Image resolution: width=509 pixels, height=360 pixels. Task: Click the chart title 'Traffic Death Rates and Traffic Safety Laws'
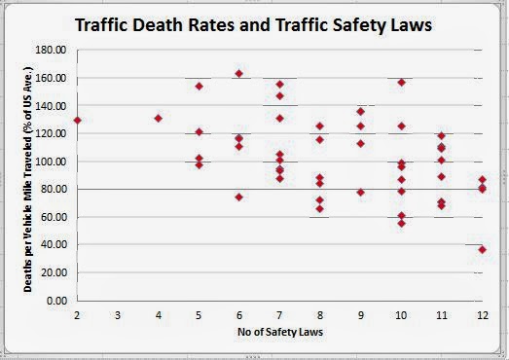click(x=253, y=25)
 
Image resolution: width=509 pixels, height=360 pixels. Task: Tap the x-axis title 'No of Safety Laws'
click(x=280, y=332)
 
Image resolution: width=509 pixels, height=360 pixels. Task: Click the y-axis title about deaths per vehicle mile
click(x=28, y=179)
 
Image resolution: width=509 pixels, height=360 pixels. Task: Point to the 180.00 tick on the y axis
click(x=52, y=50)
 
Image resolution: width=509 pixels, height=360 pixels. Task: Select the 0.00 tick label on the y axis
click(x=56, y=301)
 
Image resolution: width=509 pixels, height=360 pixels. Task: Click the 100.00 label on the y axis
click(x=52, y=162)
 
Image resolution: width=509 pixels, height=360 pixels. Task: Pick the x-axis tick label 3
click(x=118, y=315)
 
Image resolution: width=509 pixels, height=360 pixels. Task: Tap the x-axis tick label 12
click(x=483, y=315)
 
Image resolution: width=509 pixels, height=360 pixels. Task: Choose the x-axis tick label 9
click(x=361, y=315)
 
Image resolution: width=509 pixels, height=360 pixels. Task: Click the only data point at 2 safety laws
click(x=77, y=121)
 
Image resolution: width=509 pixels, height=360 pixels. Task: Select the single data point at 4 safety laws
click(x=158, y=119)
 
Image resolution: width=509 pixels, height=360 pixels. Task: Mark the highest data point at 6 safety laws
click(x=238, y=74)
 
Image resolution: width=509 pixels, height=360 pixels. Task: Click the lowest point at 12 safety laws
click(x=483, y=250)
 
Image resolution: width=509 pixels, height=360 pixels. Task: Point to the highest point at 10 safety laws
click(x=402, y=83)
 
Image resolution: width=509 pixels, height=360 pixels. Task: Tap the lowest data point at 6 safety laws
click(x=238, y=198)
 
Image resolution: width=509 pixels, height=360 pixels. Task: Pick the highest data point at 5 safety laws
click(x=199, y=87)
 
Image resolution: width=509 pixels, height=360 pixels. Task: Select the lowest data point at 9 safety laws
click(x=361, y=193)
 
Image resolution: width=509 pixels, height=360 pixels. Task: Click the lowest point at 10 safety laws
click(x=402, y=224)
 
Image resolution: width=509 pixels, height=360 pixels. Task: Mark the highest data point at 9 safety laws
click(x=361, y=112)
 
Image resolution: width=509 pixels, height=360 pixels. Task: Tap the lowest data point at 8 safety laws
click(x=320, y=209)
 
